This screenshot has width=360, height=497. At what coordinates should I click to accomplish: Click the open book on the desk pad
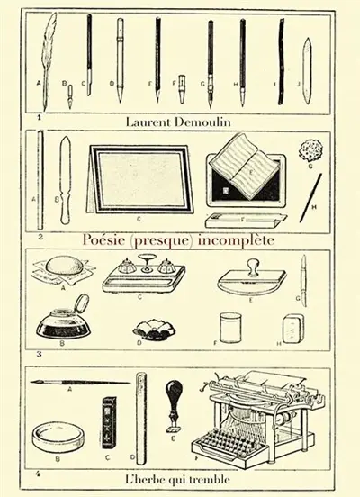coord(241,167)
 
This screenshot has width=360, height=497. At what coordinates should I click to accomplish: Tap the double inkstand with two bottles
coord(144,276)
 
